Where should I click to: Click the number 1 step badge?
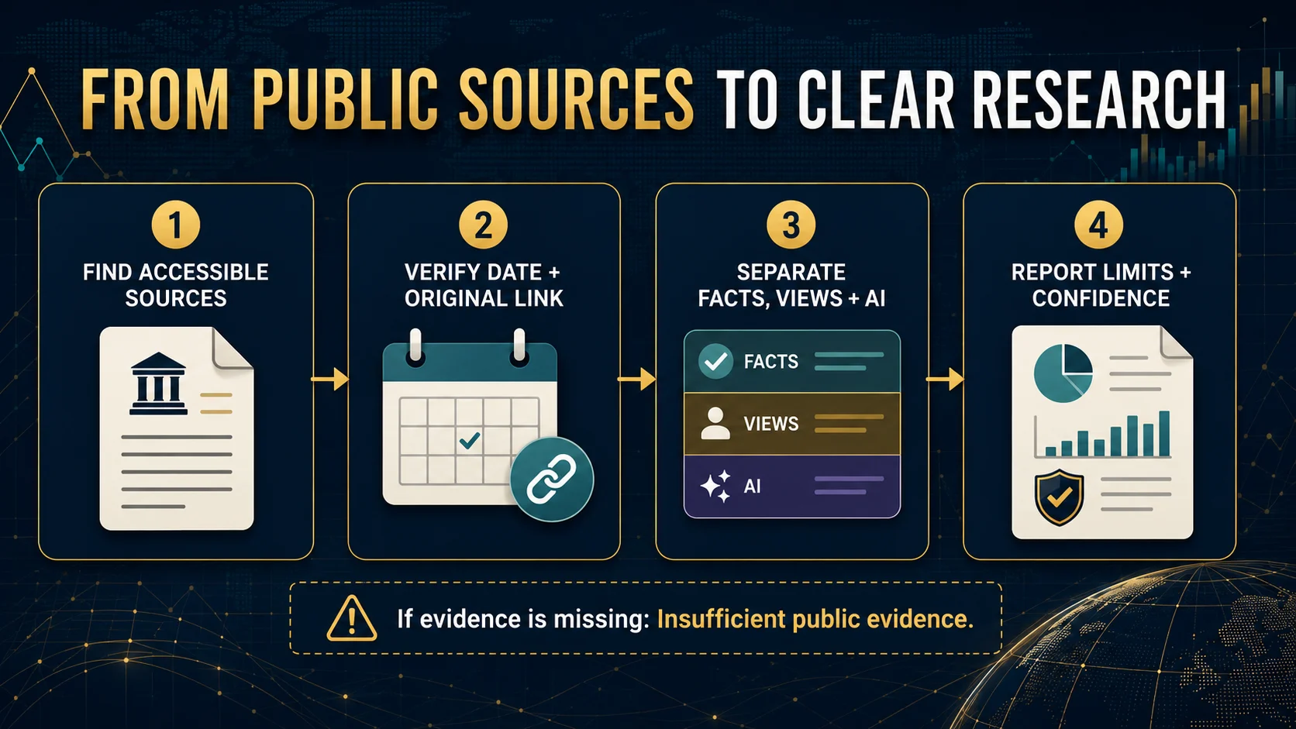pyautogui.click(x=176, y=225)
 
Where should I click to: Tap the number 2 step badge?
pyautogui.click(x=483, y=225)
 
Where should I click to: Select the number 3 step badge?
pyautogui.click(x=791, y=225)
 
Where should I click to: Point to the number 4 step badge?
pyautogui.click(x=1098, y=225)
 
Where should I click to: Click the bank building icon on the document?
pyautogui.click(x=158, y=383)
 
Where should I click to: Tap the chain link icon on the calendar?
pyautogui.click(x=551, y=480)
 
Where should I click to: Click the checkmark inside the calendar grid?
pyautogui.click(x=469, y=441)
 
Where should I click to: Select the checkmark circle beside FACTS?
pyautogui.click(x=715, y=361)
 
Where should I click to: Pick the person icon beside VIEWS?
pyautogui.click(x=715, y=424)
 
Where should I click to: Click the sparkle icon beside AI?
pyautogui.click(x=715, y=487)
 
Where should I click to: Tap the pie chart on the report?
pyautogui.click(x=1063, y=373)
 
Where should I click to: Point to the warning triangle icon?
pyautogui.click(x=352, y=618)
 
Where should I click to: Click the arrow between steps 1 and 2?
pyautogui.click(x=329, y=380)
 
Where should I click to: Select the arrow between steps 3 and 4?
pyautogui.click(x=945, y=380)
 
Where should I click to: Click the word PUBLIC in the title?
pyautogui.click(x=346, y=99)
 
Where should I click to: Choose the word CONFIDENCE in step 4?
pyautogui.click(x=1101, y=298)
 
